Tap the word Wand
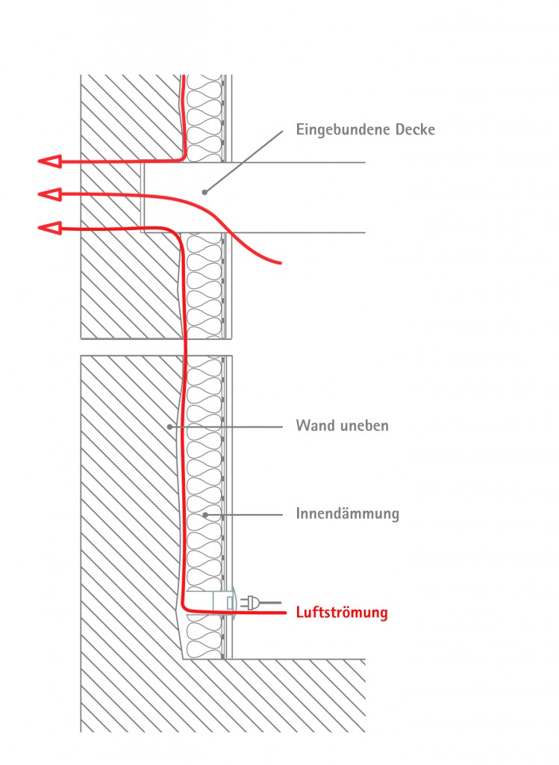coord(314,427)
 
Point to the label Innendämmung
coord(347,514)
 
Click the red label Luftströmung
coord(342,613)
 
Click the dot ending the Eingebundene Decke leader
coord(203,191)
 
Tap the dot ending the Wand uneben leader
coord(171,427)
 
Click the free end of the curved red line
coord(280,262)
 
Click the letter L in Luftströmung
coord(300,613)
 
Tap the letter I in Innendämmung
coord(299,514)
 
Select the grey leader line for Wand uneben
coord(228,427)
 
